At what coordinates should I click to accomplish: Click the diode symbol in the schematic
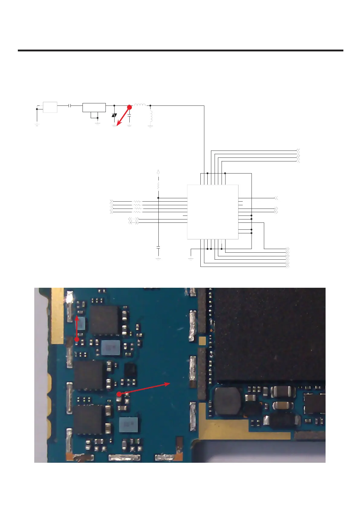[114, 115]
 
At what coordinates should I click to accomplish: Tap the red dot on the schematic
[129, 107]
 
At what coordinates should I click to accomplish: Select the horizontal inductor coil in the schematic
[140, 105]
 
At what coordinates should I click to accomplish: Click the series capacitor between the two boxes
[70, 106]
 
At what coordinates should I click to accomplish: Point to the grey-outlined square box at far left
[50, 107]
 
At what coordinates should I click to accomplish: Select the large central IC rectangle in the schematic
[213, 212]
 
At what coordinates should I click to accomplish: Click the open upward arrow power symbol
[158, 172]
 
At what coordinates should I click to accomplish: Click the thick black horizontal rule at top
[180, 50]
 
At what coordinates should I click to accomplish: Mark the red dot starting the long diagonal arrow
[119, 394]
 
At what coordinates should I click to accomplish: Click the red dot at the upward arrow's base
[77, 339]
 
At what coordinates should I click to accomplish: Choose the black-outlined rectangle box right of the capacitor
[94, 108]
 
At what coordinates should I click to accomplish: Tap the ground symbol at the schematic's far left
[37, 124]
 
